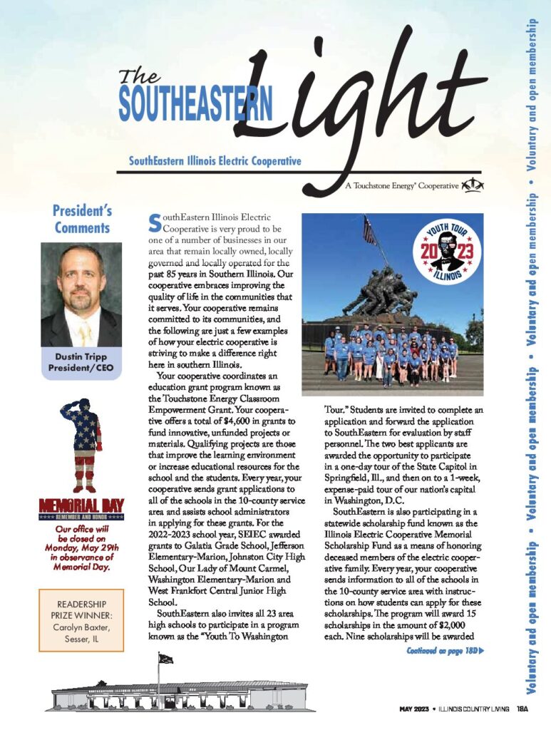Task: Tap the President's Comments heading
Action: [82, 219]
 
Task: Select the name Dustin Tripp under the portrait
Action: [81, 357]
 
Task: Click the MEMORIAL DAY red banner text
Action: [82, 508]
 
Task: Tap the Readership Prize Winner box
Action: [81, 619]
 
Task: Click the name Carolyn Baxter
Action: [81, 627]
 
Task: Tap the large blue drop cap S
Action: [154, 223]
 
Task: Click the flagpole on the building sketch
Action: [158, 675]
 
